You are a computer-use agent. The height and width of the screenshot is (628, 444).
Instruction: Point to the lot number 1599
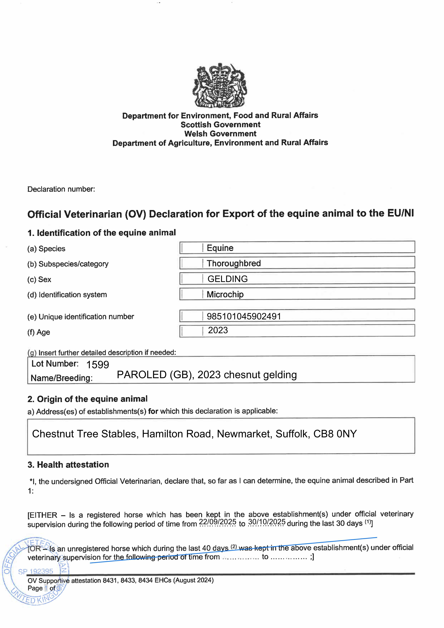click(98, 365)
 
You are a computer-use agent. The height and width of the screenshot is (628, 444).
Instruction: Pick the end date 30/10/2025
click(267, 522)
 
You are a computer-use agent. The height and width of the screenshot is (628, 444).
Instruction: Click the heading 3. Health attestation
click(68, 465)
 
